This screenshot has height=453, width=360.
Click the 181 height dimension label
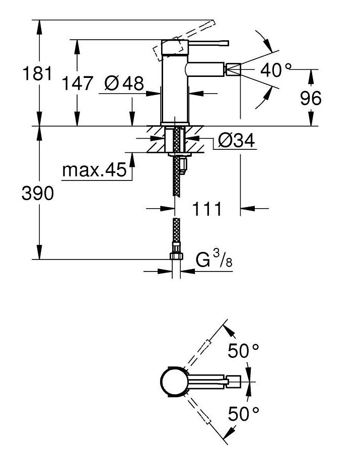point(37,73)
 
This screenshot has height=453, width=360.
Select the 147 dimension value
point(77,83)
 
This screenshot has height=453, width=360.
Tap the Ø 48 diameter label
point(124,83)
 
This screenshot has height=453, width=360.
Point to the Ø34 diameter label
point(237,140)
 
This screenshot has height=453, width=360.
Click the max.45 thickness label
point(94,170)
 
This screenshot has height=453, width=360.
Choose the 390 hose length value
point(38,193)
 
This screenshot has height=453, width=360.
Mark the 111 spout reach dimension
point(206,209)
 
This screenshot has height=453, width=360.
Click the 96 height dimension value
point(310,98)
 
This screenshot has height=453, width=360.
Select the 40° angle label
point(275,70)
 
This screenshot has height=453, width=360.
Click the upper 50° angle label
point(243,351)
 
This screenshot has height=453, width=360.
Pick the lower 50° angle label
point(243,414)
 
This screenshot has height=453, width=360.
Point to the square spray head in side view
point(233,69)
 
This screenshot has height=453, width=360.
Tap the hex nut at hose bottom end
point(176,256)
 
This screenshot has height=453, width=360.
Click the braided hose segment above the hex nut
point(176,231)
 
